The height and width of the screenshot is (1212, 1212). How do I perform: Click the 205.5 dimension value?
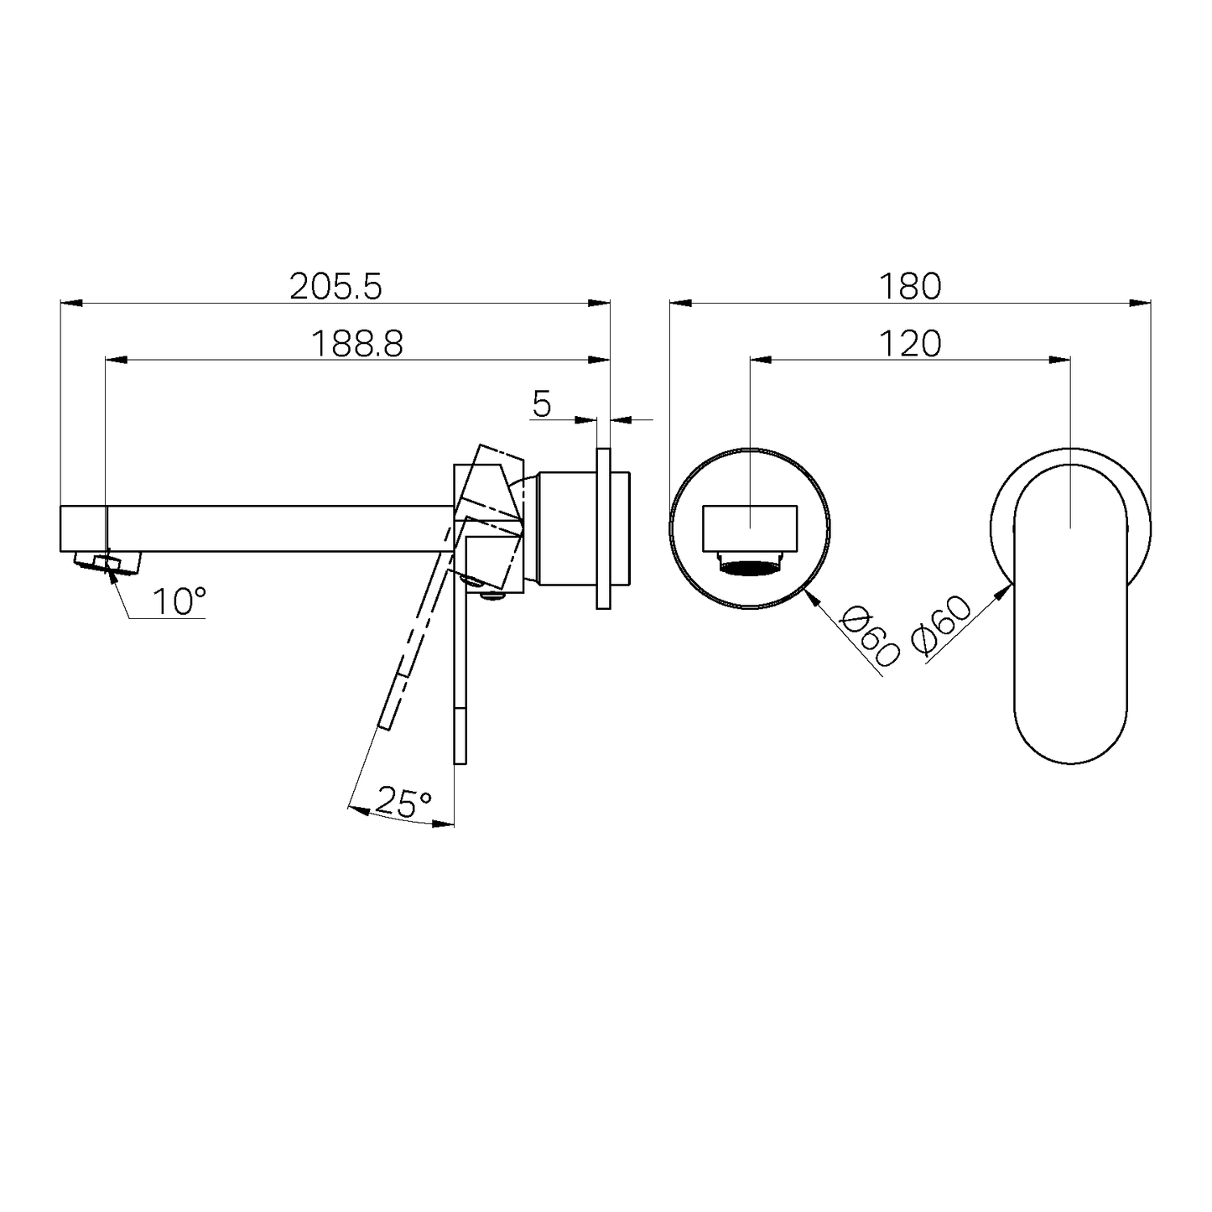336,287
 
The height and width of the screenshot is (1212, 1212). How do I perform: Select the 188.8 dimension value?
356,343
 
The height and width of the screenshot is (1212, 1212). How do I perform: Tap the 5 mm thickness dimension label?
542,405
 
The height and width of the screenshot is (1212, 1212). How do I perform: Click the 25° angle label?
403,802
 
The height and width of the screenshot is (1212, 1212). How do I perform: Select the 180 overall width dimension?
910,287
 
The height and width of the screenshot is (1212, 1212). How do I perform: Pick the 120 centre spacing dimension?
910,343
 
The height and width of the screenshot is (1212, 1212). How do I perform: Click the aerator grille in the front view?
751,568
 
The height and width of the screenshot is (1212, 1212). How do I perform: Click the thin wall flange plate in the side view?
603,528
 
